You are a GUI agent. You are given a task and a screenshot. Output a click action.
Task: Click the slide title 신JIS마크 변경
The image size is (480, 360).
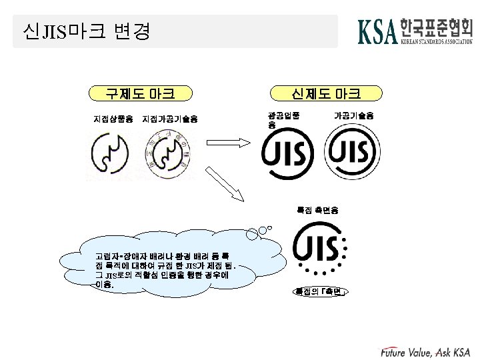tap(87, 31)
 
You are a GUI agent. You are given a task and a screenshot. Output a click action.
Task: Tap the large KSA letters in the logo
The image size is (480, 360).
tap(378, 31)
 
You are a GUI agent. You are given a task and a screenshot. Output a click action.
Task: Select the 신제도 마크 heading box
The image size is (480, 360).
tap(326, 93)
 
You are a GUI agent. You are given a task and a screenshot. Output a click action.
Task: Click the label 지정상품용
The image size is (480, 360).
tap(113, 119)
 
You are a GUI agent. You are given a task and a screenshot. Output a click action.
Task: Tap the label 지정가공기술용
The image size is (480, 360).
tap(171, 119)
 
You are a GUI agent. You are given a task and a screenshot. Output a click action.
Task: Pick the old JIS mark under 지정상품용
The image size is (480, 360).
tap(111, 154)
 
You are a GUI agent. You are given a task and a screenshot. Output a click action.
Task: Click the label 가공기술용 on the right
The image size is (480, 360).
tap(353, 115)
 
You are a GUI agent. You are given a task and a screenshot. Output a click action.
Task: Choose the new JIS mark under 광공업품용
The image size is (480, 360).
tap(288, 155)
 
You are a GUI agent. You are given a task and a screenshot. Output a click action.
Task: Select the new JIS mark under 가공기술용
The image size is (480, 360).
tap(350, 153)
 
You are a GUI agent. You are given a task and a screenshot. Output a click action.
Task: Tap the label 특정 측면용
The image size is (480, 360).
tap(317, 210)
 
